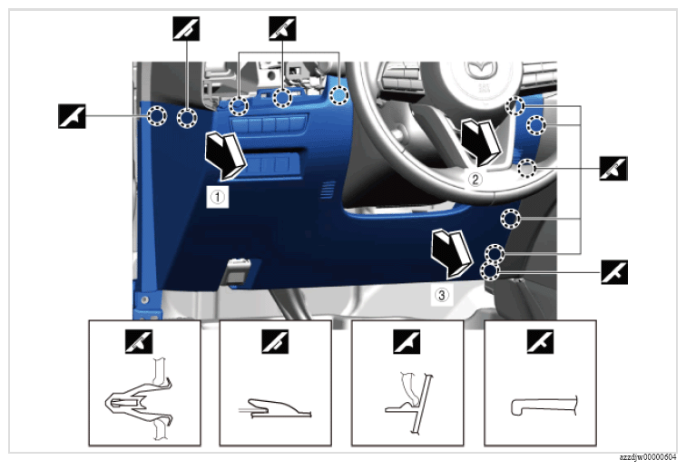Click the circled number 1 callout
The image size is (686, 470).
[218, 197]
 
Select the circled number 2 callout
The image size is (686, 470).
[475, 179]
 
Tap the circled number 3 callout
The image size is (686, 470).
[441, 295]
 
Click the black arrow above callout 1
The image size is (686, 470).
[226, 155]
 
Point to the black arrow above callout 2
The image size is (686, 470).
[480, 142]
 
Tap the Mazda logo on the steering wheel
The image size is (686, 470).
[480, 71]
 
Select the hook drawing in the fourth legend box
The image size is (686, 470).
[544, 406]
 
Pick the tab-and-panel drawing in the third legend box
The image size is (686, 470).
[409, 403]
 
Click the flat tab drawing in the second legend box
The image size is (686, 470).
[275, 408]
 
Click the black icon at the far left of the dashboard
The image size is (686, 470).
[73, 116]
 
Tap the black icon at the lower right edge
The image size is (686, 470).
[614, 272]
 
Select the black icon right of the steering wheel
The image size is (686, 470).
[613, 169]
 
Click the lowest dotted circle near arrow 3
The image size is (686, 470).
[490, 271]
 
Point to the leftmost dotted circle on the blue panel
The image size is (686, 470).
[156, 116]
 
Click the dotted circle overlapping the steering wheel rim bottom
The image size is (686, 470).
[526, 169]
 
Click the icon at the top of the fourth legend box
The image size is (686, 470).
[540, 341]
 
